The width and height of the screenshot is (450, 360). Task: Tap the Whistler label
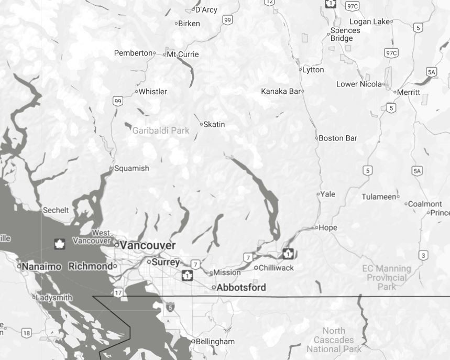point(153,92)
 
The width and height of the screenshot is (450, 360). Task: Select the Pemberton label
point(133,53)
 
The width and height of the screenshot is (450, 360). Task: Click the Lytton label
point(313,70)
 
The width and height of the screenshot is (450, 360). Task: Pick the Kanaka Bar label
point(281,91)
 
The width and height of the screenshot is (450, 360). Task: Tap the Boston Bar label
point(338,138)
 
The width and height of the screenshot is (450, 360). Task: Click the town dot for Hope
point(316,227)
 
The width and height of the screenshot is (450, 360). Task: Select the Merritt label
point(409,92)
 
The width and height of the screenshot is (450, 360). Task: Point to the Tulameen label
point(379,197)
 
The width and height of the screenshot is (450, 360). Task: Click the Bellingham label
point(215,342)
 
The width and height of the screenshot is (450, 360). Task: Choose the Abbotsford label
point(242,287)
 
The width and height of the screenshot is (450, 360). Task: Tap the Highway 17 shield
point(119,292)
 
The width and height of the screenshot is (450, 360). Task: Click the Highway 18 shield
point(26,333)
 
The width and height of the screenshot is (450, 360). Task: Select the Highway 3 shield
point(423,255)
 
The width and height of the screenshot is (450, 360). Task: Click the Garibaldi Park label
point(161,130)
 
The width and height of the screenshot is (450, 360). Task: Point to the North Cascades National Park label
point(334,340)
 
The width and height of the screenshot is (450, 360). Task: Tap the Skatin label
point(214,124)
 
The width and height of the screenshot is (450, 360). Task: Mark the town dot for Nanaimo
point(19,266)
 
